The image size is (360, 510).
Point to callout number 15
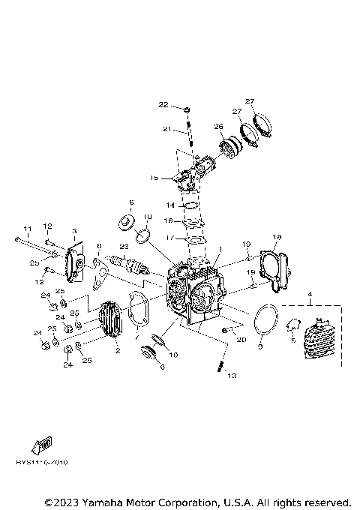point(154,178)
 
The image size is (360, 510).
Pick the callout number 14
point(170,205)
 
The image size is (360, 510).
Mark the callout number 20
point(240,340)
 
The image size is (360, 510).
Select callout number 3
point(74,231)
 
